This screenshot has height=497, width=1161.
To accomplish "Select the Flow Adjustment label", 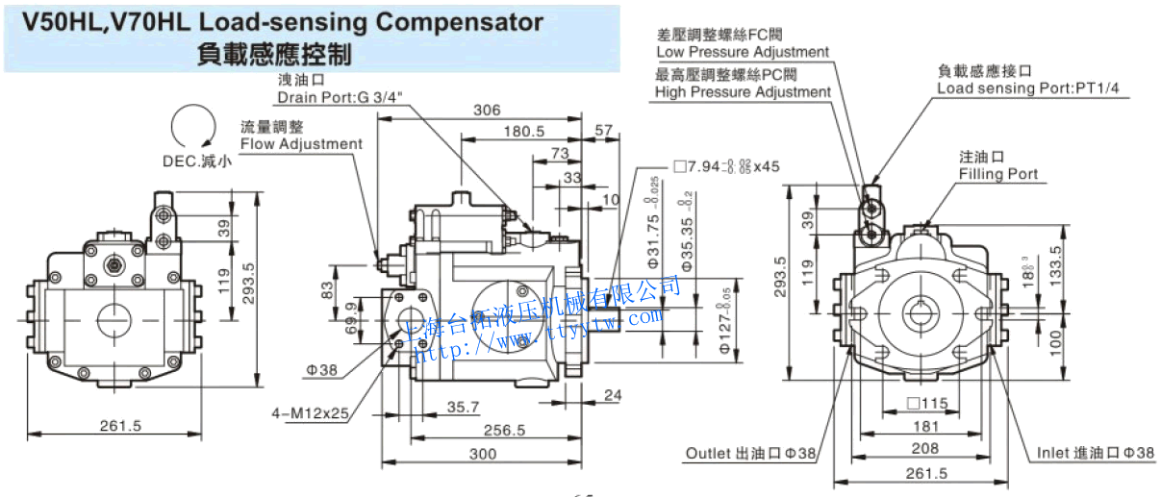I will point(301,144).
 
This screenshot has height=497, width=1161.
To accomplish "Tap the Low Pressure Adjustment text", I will point(742,52).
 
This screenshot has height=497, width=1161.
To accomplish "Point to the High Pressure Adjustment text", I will point(743,92).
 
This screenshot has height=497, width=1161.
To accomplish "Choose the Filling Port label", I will point(997,174).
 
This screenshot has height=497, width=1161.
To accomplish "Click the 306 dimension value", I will point(487,110).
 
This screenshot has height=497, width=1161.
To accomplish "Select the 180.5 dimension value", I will point(523,131).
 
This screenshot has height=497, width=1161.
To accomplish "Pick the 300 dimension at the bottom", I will point(482,454).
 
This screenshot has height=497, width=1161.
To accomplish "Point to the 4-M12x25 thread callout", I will point(309,413).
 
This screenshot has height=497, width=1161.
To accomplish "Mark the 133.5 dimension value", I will point(1083,260).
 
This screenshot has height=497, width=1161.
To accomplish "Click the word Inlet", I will point(1054,453).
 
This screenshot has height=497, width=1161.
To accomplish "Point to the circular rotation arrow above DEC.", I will point(190,129).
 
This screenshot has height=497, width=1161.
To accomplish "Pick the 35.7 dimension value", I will point(463,408).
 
